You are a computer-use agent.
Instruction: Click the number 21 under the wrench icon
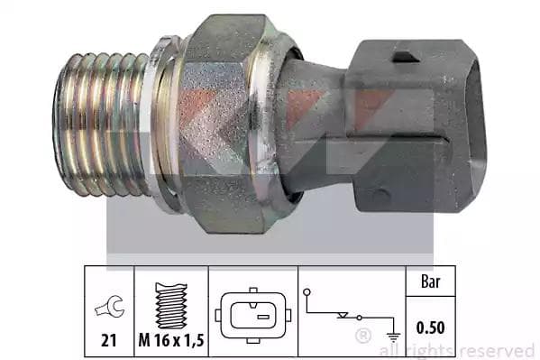pos(108,340)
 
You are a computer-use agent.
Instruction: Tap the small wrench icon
pos(109,306)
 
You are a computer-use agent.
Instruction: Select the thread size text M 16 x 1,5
pos(171,340)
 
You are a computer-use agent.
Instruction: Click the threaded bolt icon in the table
pos(171,306)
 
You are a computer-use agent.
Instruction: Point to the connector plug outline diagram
pos(253,315)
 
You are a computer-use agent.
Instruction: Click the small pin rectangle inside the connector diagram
pos(263,317)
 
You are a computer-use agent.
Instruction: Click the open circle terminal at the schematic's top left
pos(307,292)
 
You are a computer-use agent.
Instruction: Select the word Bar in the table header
pos(431,282)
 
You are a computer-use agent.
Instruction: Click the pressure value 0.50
pos(431,328)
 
